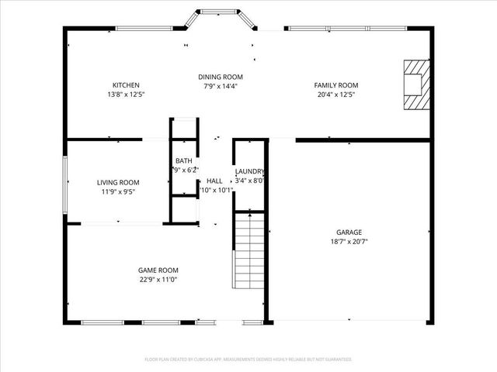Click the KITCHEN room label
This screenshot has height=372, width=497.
126,84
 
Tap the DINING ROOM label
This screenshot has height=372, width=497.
221,77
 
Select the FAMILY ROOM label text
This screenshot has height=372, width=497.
335,84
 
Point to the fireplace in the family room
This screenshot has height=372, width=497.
415,85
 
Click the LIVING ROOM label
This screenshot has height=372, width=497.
118,182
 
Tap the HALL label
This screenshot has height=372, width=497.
214,181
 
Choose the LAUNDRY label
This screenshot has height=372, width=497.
250,171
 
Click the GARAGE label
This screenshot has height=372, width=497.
349,232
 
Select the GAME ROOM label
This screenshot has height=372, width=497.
158,270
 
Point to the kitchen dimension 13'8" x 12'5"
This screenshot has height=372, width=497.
126,94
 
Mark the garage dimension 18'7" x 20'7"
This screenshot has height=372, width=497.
349,241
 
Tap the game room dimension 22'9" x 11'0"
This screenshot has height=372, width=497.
158,279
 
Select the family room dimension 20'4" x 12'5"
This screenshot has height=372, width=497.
335,94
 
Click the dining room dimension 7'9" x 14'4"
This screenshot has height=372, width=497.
221,86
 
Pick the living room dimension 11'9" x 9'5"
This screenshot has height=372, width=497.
118,191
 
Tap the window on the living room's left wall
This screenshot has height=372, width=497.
65,182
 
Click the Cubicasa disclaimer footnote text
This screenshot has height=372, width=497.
248,360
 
